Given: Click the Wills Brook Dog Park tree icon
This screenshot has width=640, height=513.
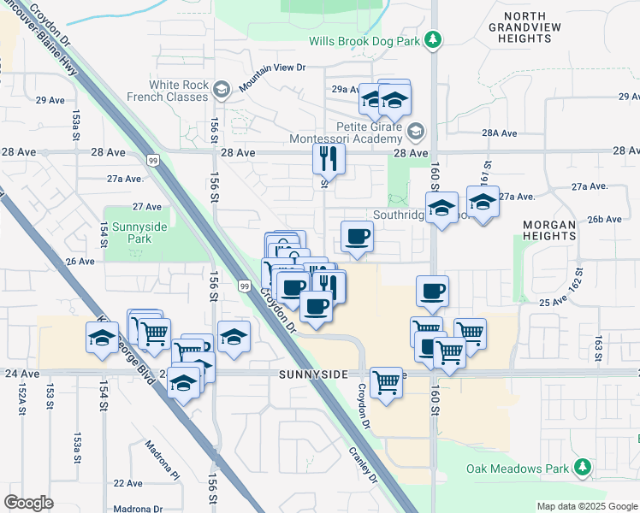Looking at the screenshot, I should [434, 40].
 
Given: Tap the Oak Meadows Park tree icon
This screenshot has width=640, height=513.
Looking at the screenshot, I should [583, 468].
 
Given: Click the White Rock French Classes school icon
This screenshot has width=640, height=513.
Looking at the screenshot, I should [222, 90].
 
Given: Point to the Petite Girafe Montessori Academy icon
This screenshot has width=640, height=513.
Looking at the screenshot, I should [416, 132].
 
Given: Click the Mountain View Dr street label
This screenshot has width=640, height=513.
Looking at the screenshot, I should [272, 79].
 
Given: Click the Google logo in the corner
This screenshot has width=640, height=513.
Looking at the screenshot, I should [28, 503].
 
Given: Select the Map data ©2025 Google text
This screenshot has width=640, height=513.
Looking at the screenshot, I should [587, 506].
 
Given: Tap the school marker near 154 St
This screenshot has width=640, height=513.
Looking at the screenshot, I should [103, 338].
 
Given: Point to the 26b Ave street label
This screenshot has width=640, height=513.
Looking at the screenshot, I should [604, 220].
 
